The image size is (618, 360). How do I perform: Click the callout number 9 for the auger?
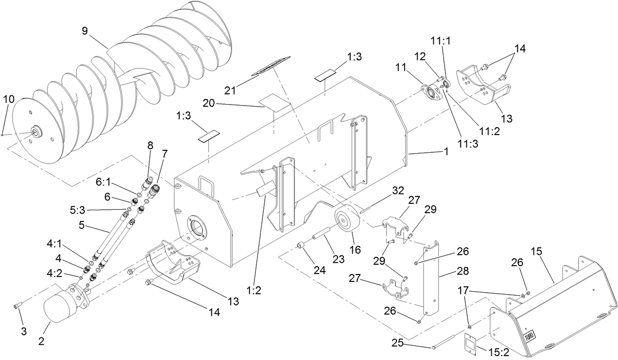pos(86,30)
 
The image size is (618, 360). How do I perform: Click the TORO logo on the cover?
pos(529,337)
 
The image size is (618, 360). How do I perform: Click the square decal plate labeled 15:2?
pos(473,344)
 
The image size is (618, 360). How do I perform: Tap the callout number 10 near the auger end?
pos(9,99)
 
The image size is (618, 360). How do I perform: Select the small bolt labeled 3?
pos(17,306)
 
